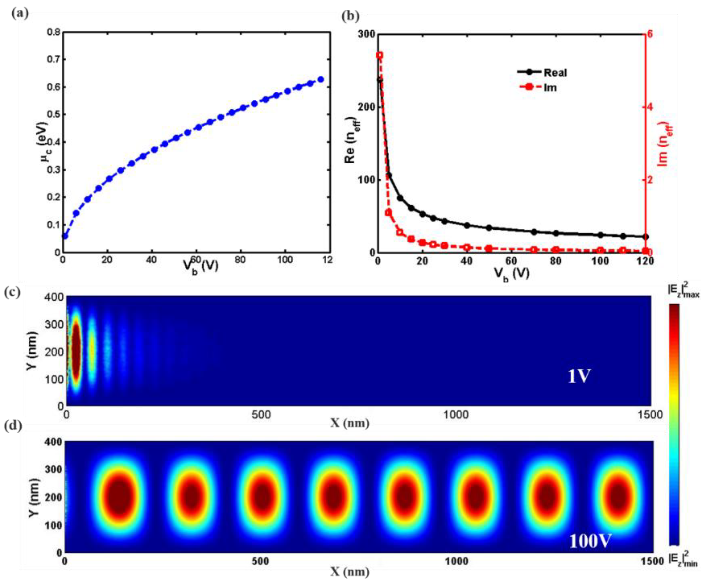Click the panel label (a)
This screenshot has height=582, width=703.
pyautogui.click(x=20, y=14)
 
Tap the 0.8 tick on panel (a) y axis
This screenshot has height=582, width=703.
pyautogui.click(x=54, y=32)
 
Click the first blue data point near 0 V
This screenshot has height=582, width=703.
pyautogui.click(x=65, y=236)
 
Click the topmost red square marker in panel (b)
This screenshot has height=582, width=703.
pyautogui.click(x=379, y=55)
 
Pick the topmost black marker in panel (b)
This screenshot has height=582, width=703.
pyautogui.click(x=380, y=80)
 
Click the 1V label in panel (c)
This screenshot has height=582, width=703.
pyautogui.click(x=579, y=377)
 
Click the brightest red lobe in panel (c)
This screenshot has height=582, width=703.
pyautogui.click(x=76, y=351)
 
